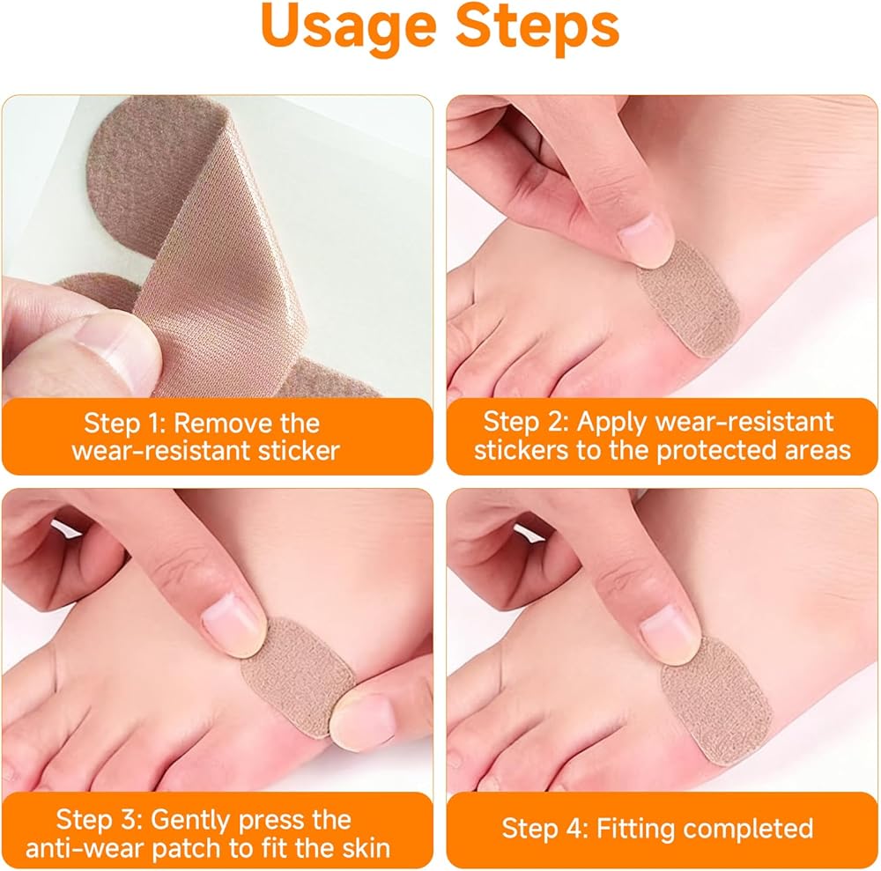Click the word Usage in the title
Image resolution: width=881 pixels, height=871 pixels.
349,28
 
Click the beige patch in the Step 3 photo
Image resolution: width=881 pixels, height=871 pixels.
297,675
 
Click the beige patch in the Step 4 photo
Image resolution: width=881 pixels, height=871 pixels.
715,700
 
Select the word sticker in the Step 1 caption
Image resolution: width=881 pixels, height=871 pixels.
299,450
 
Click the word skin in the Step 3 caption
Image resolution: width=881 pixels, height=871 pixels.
366,848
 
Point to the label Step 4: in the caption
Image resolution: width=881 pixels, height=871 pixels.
544,829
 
